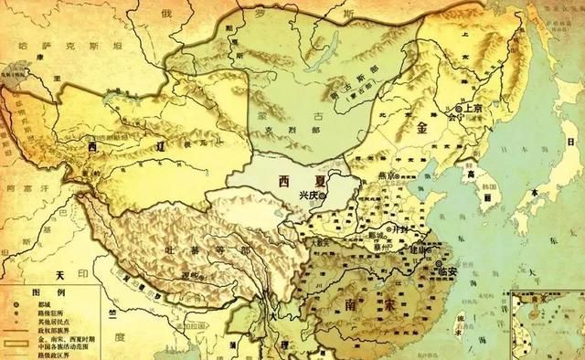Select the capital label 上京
[x=472, y=108]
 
